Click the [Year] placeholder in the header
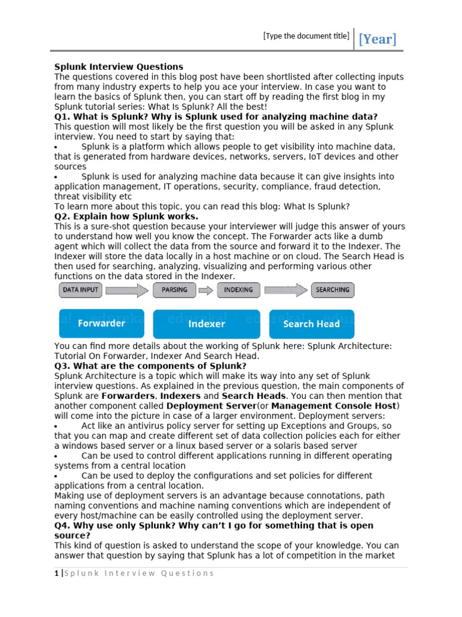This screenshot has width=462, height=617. [x=377, y=40]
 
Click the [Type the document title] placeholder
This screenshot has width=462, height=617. [x=306, y=36]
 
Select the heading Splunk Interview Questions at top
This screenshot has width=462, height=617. [x=119, y=67]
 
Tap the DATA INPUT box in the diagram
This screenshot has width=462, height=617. [x=81, y=290]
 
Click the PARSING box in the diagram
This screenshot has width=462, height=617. [x=174, y=290]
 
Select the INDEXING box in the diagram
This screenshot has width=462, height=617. [x=238, y=290]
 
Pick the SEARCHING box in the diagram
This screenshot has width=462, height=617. [x=333, y=290]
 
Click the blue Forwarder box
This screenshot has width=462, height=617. [x=101, y=324]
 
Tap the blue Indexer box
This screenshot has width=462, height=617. [x=206, y=324]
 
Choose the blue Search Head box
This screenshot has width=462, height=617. [x=311, y=324]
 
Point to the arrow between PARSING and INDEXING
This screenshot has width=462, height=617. [x=206, y=290]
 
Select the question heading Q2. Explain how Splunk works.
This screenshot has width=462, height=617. [x=126, y=216]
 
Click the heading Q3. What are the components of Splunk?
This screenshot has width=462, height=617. [x=150, y=366]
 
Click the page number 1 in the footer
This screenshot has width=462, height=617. [x=56, y=573]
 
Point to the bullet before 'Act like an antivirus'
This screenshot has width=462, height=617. [x=56, y=427]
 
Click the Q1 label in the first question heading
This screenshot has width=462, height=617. [x=62, y=116]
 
